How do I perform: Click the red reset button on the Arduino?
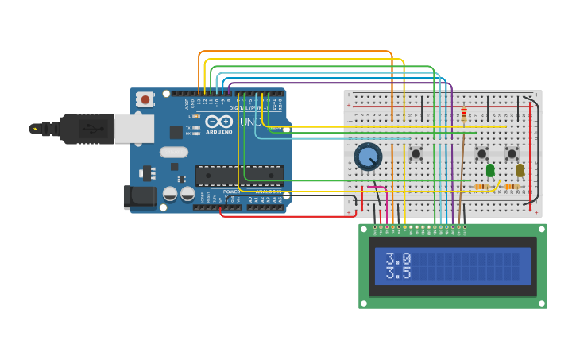coord(145,99)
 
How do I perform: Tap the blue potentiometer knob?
coord(368,157)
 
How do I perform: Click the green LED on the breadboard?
coord(490,169)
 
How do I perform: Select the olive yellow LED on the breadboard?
coord(520,169)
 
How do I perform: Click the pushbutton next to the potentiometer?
coord(416,153)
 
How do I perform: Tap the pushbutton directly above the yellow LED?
coord(512,153)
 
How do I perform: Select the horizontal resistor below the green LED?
coord(481,187)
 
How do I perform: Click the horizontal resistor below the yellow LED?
coord(512,187)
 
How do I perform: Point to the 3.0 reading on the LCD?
coord(398,258)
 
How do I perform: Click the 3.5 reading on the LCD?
coord(398,273)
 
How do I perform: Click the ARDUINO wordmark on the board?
coord(218,132)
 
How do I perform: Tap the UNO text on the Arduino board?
coord(250,122)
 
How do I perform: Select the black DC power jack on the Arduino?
coord(139,196)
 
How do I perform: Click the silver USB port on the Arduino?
coord(133,128)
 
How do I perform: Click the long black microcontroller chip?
coord(239,175)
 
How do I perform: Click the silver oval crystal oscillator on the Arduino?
coord(173,152)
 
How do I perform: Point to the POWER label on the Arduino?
coord(231,192)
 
